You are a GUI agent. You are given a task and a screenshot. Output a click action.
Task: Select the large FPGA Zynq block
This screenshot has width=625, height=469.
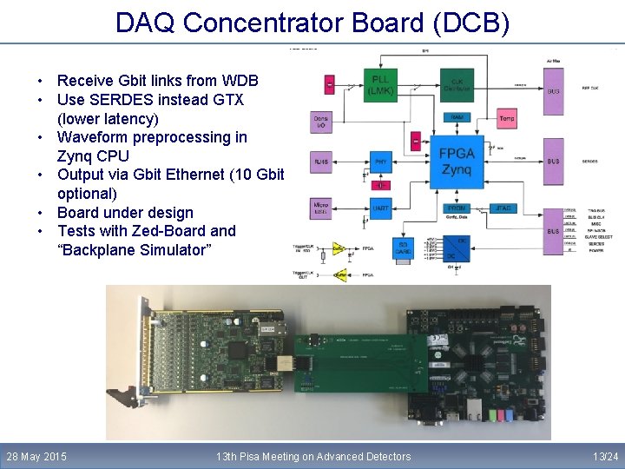tap(457, 161)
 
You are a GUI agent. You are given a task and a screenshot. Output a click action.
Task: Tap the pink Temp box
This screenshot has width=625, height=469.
tap(507, 117)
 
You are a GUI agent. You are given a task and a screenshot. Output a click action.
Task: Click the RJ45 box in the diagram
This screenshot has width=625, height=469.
tap(321, 161)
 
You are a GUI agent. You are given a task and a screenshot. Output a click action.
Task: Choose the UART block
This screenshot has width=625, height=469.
tap(380, 208)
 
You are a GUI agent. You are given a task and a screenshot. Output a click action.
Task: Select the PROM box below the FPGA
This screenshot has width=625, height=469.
tap(457, 208)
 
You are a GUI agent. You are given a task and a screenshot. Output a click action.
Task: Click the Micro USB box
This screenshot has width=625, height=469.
tap(321, 208)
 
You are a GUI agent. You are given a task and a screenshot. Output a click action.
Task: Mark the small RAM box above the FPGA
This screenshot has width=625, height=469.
tap(457, 117)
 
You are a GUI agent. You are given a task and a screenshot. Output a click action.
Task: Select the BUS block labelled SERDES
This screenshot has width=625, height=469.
tap(553, 161)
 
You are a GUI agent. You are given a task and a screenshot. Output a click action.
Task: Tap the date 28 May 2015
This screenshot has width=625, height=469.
tap(36, 456)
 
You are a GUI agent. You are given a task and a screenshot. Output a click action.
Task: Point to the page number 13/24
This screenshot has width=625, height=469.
tap(605, 456)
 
